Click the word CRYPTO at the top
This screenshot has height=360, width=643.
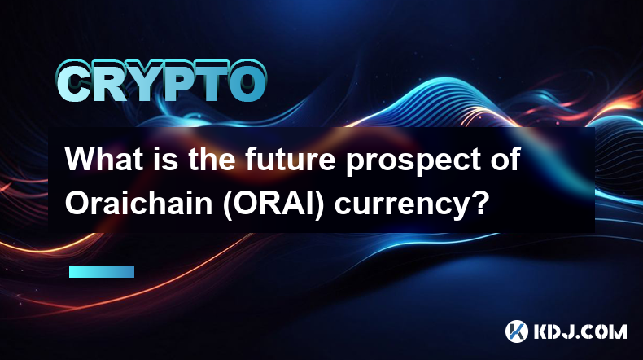point(161,82)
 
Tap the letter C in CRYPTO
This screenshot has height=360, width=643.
point(73,82)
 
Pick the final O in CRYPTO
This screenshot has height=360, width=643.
point(247,82)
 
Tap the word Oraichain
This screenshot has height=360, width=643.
point(138,203)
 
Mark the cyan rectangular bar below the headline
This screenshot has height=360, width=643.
point(102,271)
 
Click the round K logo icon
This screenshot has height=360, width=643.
point(516,331)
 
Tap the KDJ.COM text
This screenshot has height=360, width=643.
point(580,331)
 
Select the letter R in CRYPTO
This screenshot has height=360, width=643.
point(108,82)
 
